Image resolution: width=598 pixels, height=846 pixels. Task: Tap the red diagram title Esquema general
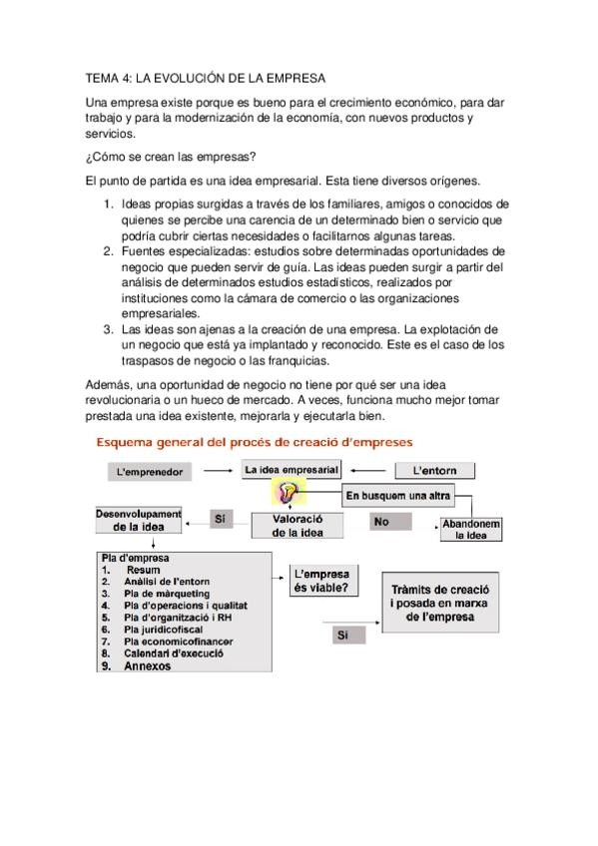coord(257,440)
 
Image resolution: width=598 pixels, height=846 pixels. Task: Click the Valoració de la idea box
coord(299,526)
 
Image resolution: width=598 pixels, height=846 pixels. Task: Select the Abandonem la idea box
coord(470,530)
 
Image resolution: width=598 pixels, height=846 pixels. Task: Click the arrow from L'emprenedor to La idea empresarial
coord(220,469)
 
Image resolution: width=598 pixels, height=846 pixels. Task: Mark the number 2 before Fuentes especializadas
coord(110,252)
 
